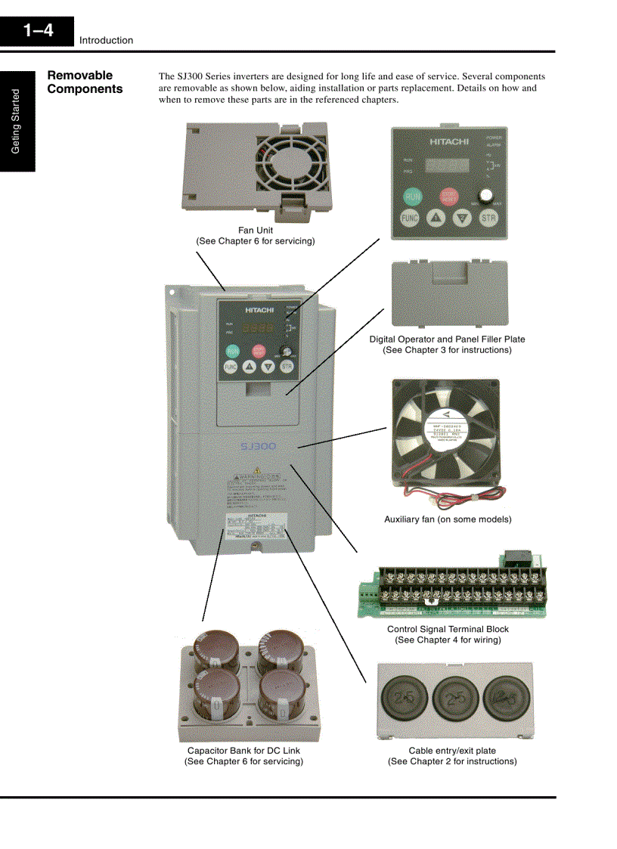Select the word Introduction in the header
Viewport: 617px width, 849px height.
(106, 41)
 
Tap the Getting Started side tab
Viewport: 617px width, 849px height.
(17, 122)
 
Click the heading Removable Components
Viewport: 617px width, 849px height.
(85, 82)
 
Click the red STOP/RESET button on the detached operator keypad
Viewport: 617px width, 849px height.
(449, 196)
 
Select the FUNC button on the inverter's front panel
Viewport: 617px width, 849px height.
(231, 367)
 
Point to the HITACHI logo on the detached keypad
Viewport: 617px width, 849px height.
(449, 141)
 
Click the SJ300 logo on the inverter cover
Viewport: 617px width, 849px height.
(259, 447)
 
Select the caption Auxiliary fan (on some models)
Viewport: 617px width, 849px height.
(448, 519)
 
